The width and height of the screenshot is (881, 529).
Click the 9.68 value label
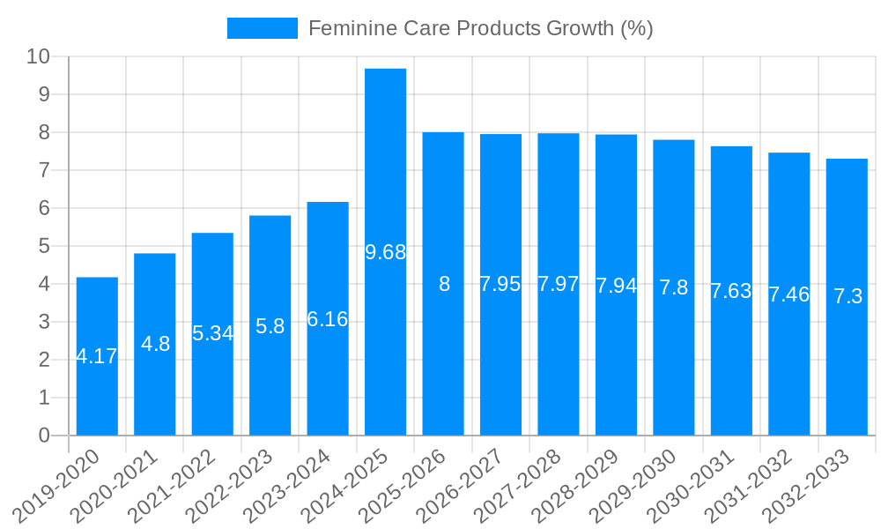[386, 252]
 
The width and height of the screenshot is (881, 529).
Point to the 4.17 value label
[97, 356]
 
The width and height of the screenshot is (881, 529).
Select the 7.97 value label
[559, 284]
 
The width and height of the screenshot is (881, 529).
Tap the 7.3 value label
[848, 296]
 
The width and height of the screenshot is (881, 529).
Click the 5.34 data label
[212, 333]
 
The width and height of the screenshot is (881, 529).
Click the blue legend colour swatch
[262, 28]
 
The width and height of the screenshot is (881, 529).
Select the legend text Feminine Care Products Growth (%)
[480, 28]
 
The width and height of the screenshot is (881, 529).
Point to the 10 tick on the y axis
[39, 56]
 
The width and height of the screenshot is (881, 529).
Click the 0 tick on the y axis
[44, 436]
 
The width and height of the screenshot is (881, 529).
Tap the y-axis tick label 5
[44, 246]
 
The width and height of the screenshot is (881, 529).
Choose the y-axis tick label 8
[44, 132]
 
